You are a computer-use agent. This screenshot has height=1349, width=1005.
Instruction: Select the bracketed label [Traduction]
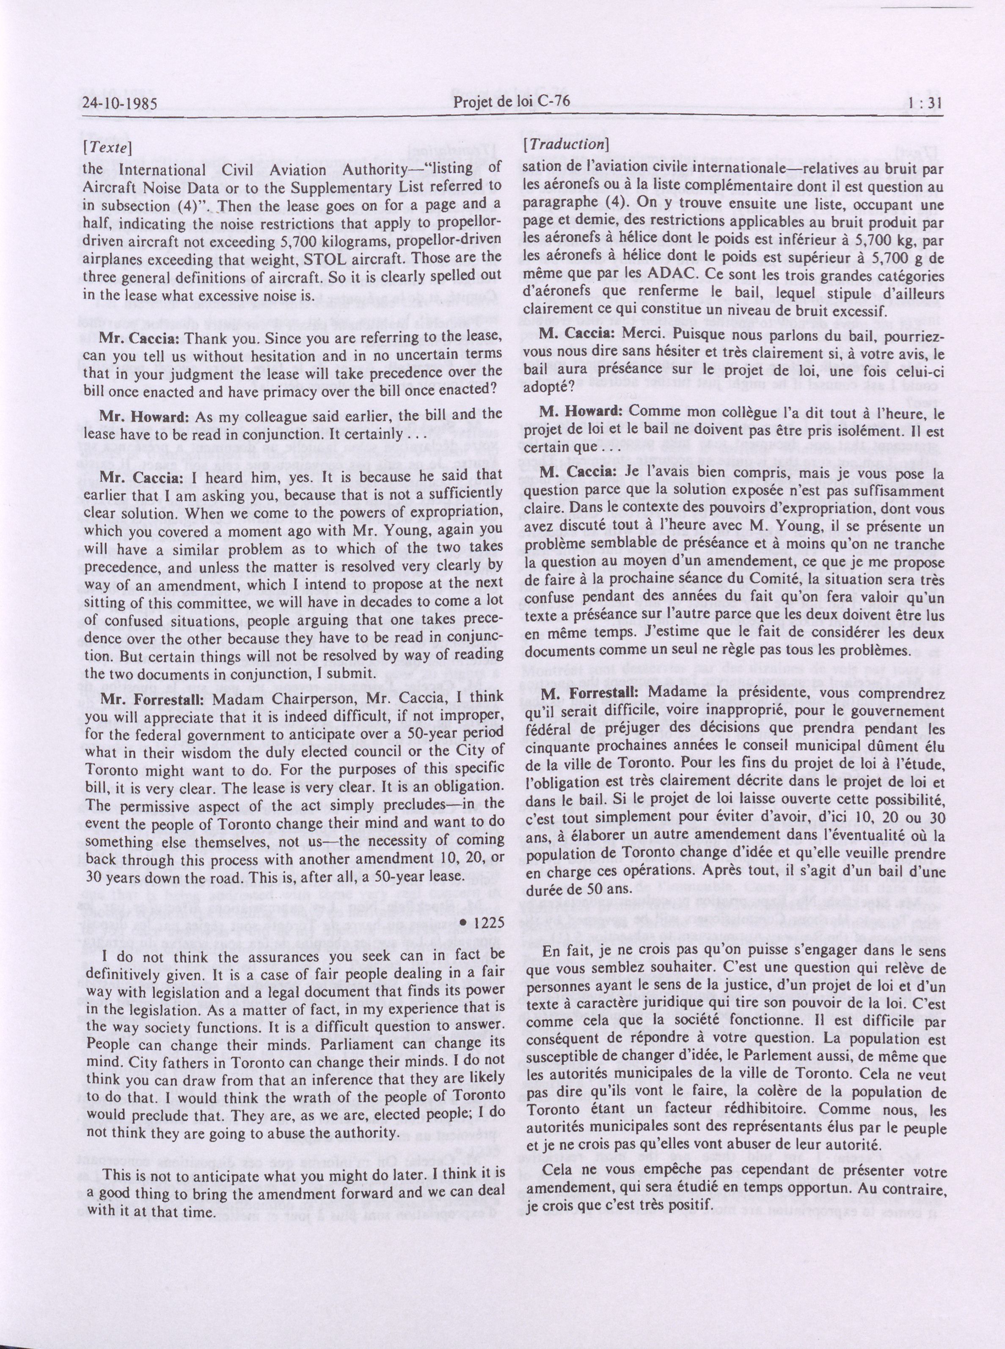click(566, 144)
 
